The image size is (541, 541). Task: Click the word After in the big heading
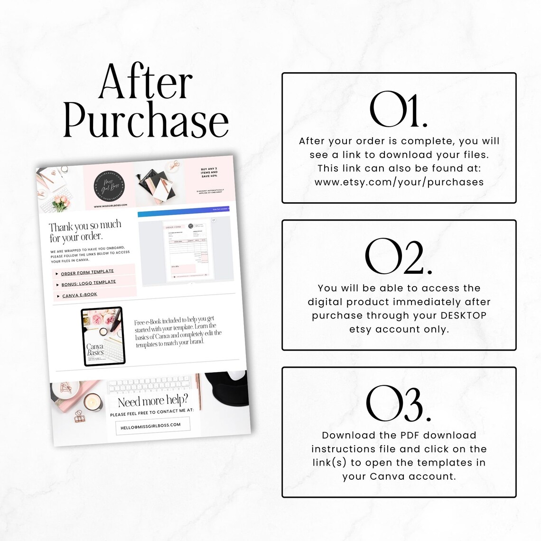[x=146, y=82]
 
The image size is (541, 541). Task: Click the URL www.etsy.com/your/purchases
[x=399, y=182]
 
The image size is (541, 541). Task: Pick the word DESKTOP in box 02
[x=464, y=316]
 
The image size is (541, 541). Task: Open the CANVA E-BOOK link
[x=80, y=295]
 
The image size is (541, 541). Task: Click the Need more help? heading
[x=153, y=401]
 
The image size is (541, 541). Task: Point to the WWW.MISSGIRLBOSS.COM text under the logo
[x=111, y=206]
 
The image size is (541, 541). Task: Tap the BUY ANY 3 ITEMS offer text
[x=209, y=172]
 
